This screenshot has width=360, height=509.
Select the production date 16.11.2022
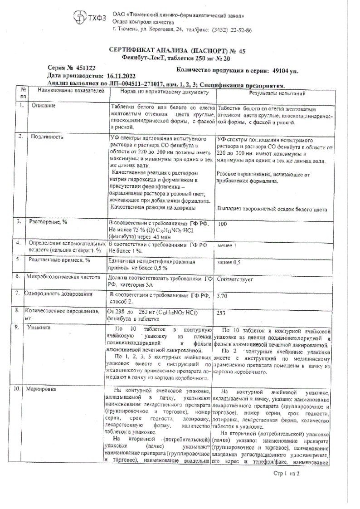[122, 76]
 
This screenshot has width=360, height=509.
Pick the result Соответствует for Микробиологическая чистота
[235, 279]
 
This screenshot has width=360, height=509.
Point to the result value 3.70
[224, 296]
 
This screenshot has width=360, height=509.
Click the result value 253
[223, 313]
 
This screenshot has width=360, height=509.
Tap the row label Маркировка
[42, 389]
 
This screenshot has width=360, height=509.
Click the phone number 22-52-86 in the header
[240, 29]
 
